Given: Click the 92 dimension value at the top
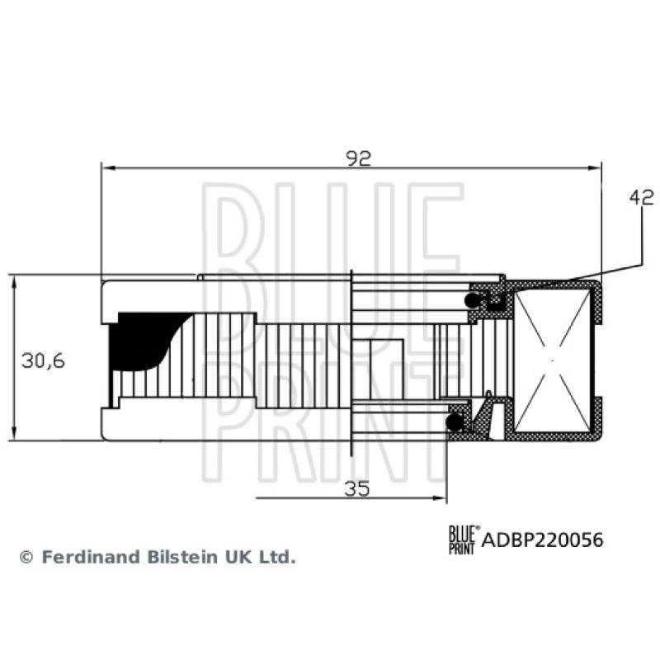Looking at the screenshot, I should click(x=359, y=158).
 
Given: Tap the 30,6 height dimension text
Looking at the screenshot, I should click(x=43, y=360).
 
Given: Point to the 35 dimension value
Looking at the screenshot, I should click(x=356, y=488).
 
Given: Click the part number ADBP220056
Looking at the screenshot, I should click(x=541, y=540).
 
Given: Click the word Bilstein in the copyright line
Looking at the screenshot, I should click(x=179, y=557).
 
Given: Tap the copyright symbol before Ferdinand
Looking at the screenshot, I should click(x=26, y=558).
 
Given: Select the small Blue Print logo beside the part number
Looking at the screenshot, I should click(x=462, y=540).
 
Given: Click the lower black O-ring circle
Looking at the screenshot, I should click(x=454, y=422).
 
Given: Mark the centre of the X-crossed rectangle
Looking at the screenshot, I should click(x=553, y=360).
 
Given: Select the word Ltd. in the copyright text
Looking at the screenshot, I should click(x=278, y=557).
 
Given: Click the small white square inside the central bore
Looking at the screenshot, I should click(x=384, y=361).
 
